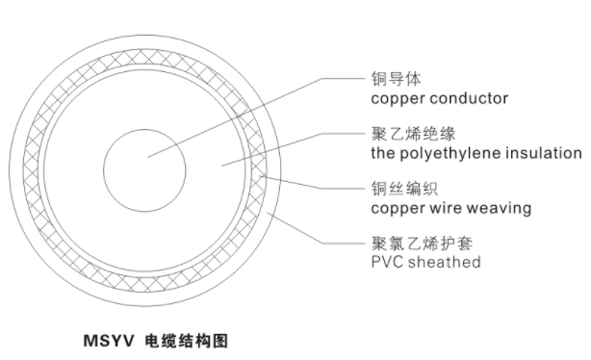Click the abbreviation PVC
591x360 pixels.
[386, 262]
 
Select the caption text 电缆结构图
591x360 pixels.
[183, 340]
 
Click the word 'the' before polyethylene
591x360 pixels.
[382, 153]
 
